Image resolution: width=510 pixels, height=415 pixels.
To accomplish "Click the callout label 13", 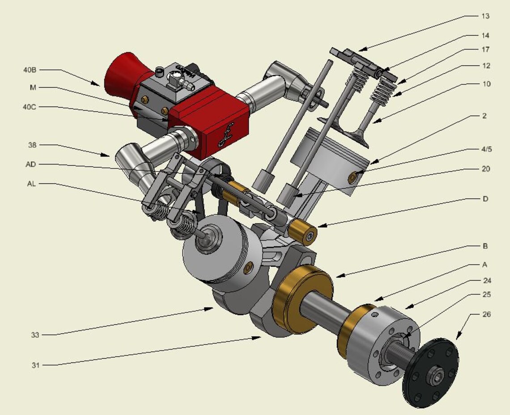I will (x=485, y=16).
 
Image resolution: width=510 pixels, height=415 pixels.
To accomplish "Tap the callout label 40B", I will (x=30, y=70).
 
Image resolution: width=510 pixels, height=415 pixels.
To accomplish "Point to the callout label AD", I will (x=30, y=164).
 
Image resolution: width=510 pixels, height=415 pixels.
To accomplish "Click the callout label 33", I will (x=35, y=334).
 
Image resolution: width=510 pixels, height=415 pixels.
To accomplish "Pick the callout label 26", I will (x=487, y=314).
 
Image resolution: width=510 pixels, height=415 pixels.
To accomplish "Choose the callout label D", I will (x=485, y=198).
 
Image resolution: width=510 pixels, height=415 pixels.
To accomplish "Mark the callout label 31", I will (x=35, y=365).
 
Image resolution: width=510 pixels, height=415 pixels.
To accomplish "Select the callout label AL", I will (x=30, y=184).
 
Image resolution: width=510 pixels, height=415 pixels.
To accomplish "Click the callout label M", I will (x=33, y=87).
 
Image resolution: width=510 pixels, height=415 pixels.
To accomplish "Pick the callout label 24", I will (x=487, y=281).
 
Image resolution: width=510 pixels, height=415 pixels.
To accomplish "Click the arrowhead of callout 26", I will (x=457, y=339).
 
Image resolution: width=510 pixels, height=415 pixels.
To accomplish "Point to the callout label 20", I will (x=486, y=169).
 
